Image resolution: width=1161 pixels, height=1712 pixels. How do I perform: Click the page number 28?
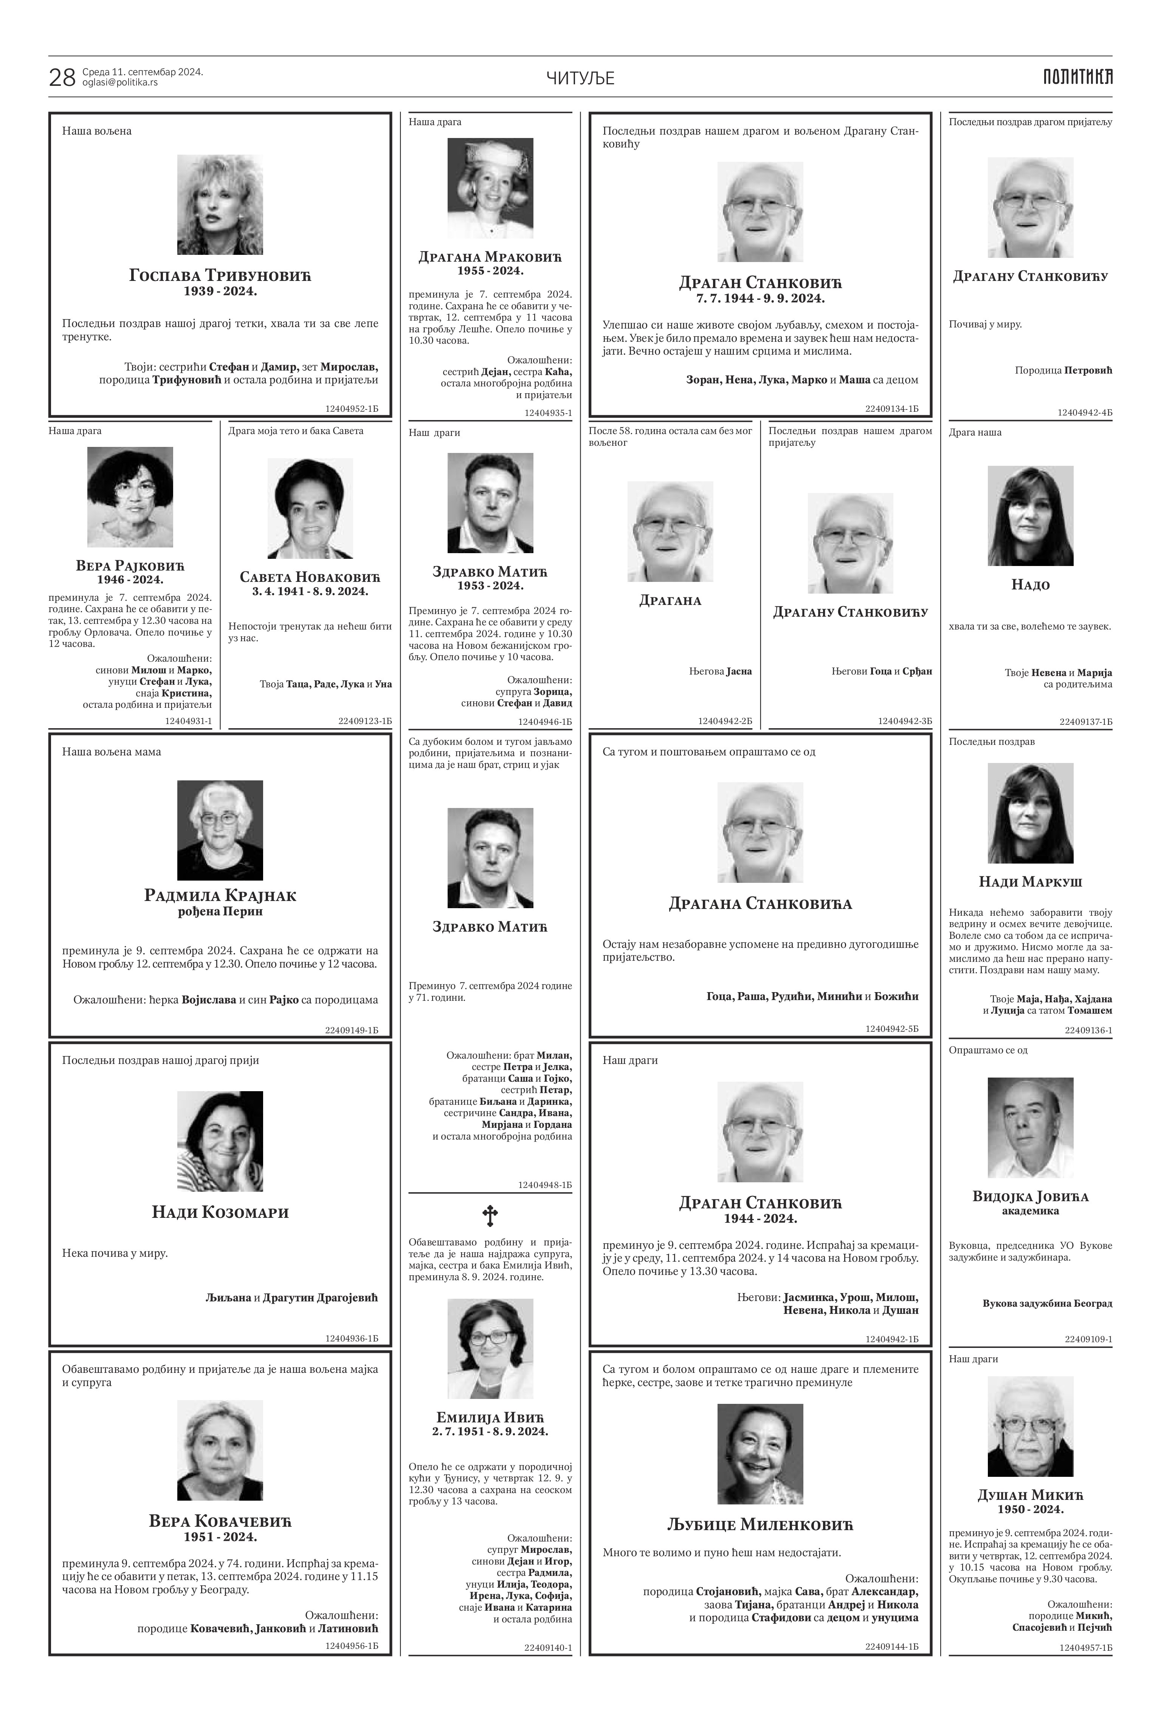[62, 78]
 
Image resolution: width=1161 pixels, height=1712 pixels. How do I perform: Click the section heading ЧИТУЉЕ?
[581, 78]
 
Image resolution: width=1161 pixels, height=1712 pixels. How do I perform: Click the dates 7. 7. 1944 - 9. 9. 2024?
[760, 298]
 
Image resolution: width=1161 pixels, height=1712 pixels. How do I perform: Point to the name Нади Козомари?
[220, 1212]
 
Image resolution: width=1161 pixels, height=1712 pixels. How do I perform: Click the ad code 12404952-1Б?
[351, 407]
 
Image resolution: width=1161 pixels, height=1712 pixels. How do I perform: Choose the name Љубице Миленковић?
[760, 1524]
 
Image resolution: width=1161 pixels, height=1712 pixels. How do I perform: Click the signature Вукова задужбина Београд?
[1047, 1303]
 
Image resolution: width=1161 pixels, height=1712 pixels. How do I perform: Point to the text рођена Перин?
[220, 911]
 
